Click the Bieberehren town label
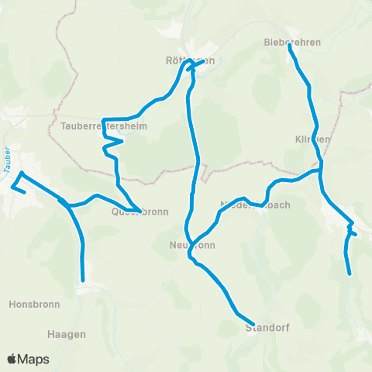(292, 42)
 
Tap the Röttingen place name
(190, 60)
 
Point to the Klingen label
(313, 139)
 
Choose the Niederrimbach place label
(255, 205)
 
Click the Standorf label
(267, 328)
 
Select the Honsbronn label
(33, 305)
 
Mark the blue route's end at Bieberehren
(290, 46)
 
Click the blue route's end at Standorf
(253, 323)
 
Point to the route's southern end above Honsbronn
(83, 281)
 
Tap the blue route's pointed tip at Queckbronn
(139, 211)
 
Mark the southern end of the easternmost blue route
(350, 274)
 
